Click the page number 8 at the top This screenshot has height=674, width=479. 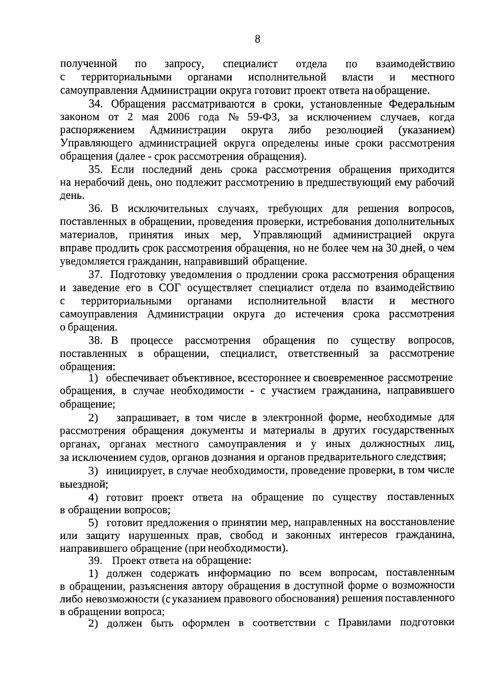point(257,39)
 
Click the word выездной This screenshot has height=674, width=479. point(83,484)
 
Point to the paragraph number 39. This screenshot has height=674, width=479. point(96,561)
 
